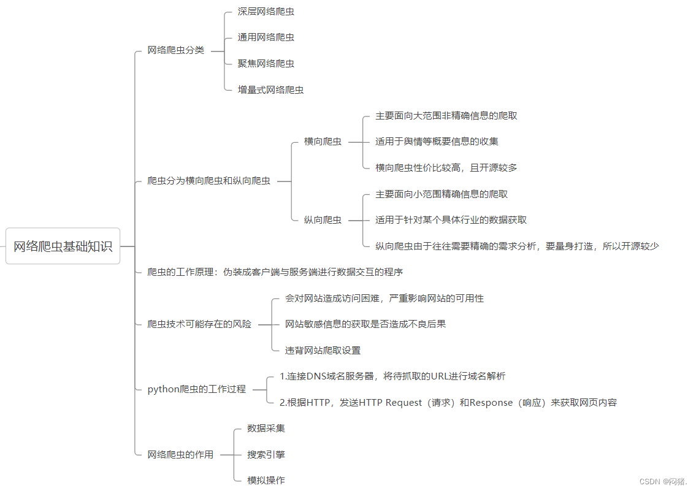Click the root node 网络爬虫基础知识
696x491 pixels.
click(63, 246)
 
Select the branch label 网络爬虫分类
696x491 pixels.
click(175, 50)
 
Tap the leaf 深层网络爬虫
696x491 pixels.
click(266, 12)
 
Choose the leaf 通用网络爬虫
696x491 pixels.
click(266, 37)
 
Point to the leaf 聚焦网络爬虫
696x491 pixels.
click(266, 63)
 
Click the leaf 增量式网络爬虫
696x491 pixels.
click(270, 89)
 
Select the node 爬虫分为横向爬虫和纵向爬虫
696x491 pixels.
click(208, 181)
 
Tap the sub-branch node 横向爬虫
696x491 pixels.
click(323, 142)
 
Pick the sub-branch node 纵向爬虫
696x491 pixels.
click(323, 219)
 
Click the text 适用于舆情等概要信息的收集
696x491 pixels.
click(437, 142)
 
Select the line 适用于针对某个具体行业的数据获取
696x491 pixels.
click(451, 219)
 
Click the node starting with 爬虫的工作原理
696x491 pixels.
click(275, 272)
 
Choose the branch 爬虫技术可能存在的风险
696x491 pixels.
click(199, 324)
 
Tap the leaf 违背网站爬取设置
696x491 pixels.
click(323, 351)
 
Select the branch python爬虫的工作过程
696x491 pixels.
click(196, 389)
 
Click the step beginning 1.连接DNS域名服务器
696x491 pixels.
click(392, 376)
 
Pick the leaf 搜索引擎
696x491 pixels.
click(266, 455)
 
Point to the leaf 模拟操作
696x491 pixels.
click(266, 481)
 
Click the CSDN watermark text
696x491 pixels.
click(663, 482)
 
